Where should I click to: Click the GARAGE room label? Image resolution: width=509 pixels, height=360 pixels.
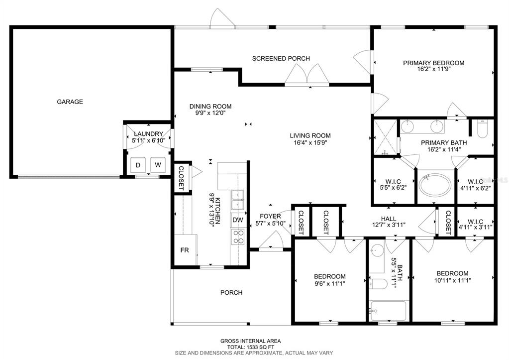point(70,102)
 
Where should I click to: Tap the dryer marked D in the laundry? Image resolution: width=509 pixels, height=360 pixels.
point(138,165)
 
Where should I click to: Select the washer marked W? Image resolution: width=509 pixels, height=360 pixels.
point(158,165)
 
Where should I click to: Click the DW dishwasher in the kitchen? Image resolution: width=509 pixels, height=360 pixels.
point(238,220)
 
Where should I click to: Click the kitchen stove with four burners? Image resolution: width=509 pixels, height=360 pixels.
point(238,237)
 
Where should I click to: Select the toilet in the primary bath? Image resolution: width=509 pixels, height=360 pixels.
point(482,129)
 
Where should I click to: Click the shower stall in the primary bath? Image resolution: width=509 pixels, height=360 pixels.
point(385,137)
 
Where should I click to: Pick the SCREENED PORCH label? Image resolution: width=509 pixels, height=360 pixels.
point(281,58)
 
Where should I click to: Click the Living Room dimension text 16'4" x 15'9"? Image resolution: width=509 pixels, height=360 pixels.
point(310,142)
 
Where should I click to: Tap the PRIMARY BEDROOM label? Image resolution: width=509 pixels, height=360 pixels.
point(434,63)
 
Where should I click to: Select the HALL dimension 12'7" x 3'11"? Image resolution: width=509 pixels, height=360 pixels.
point(389,225)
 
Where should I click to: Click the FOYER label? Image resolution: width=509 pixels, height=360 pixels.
point(270,217)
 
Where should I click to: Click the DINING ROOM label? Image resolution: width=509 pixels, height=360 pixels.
point(210,106)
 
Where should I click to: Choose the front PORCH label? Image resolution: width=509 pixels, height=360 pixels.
point(231,293)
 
